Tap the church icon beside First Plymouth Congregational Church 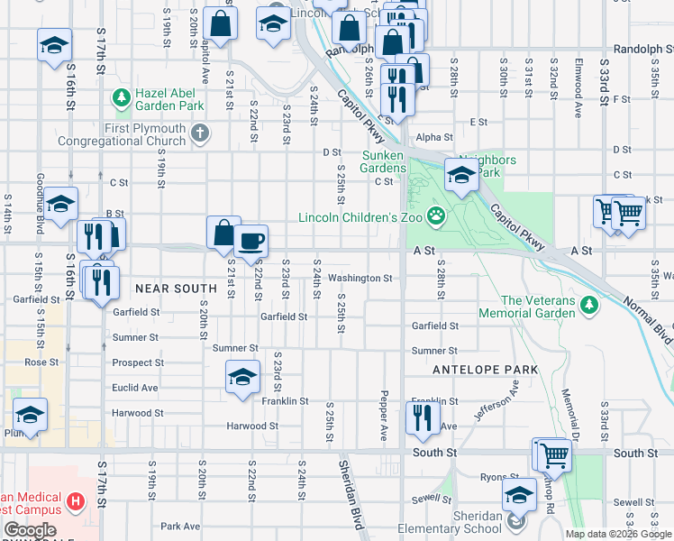click(x=200, y=134)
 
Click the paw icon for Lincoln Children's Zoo click(x=436, y=215)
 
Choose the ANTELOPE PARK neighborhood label click(x=485, y=370)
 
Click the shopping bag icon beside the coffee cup click(x=223, y=233)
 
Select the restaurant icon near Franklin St click(x=420, y=416)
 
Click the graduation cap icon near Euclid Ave click(x=241, y=377)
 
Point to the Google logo click(x=30, y=530)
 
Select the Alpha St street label click(x=433, y=137)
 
